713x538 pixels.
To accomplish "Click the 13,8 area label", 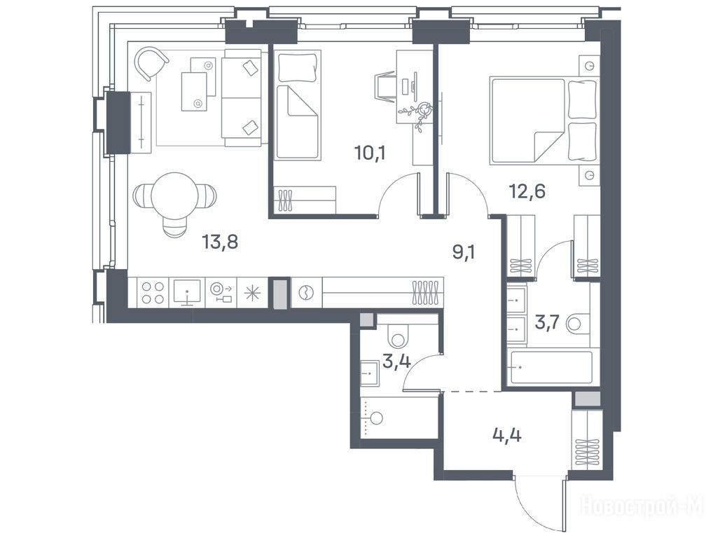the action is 220,242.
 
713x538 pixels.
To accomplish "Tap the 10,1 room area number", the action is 370,153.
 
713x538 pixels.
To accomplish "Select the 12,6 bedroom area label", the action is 527,192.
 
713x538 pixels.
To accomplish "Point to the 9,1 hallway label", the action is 464,251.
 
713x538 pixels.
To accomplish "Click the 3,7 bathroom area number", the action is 548,324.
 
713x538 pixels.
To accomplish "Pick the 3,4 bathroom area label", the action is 397,362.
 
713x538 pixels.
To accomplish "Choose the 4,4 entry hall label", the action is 507,435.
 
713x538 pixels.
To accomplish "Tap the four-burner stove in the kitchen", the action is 153,293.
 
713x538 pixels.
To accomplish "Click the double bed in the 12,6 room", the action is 544,121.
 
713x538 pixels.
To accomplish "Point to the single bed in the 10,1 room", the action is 297,105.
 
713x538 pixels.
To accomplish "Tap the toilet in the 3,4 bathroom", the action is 399,336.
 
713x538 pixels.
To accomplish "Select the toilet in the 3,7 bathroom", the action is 578,324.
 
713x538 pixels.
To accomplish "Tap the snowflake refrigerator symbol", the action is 253,293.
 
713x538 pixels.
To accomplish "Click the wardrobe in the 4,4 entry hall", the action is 587,440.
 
